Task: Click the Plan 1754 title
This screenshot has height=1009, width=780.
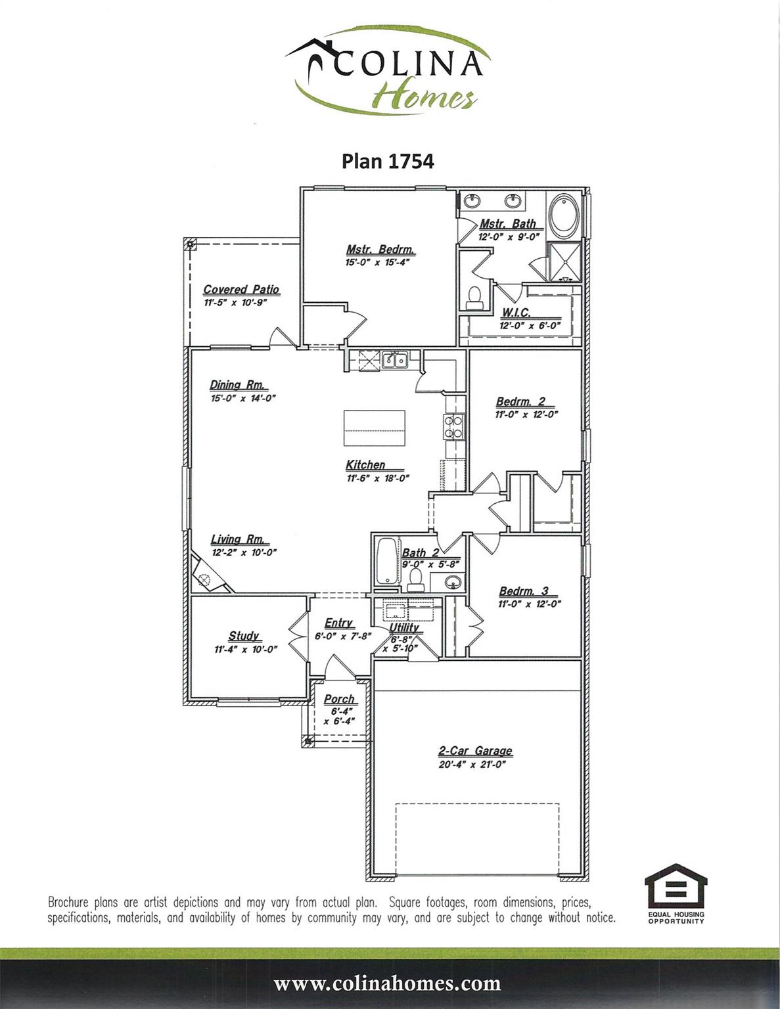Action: [388, 161]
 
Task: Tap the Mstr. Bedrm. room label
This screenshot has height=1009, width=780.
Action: [380, 250]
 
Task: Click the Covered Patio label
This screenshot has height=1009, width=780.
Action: [241, 289]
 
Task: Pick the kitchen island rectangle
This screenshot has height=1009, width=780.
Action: [374, 428]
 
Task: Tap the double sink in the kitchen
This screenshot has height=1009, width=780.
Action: [395, 359]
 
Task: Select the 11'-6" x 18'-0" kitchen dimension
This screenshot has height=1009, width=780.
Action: [378, 478]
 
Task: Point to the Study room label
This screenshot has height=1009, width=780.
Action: [243, 636]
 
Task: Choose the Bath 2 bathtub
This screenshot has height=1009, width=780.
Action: [386, 561]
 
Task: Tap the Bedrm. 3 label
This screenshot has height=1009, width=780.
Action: [524, 591]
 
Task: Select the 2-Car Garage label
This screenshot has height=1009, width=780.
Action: [476, 751]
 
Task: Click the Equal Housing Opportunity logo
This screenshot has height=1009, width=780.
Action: [676, 893]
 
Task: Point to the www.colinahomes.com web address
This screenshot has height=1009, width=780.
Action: [388, 983]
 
